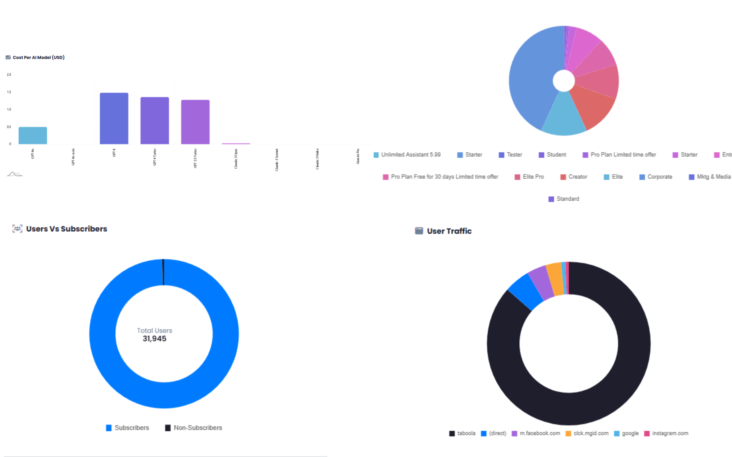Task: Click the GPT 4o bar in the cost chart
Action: click(x=33, y=135)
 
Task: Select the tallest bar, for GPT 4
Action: click(x=114, y=118)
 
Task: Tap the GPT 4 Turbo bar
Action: click(x=155, y=121)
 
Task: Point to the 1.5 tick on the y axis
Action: click(x=9, y=92)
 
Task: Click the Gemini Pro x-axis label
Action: click(x=358, y=156)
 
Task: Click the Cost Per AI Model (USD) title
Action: click(x=38, y=57)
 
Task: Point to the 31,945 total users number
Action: click(x=155, y=339)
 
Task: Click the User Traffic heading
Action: click(x=449, y=231)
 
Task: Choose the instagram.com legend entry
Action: click(x=670, y=433)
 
